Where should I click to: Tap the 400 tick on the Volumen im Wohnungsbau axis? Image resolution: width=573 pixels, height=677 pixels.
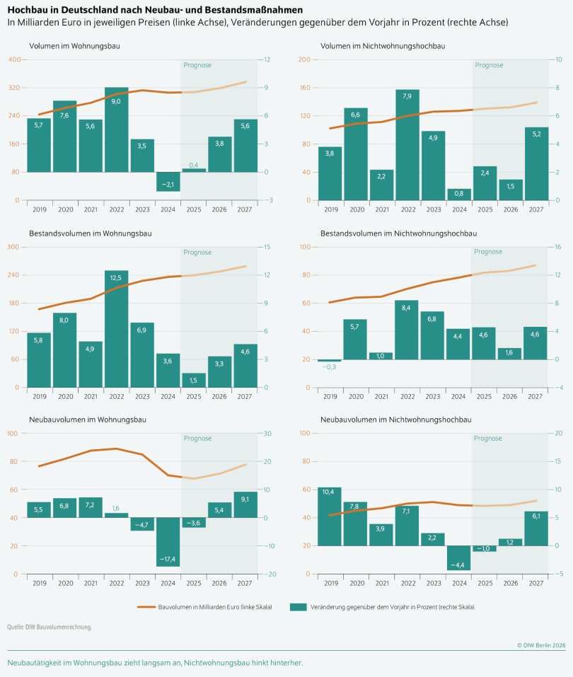click(15, 59)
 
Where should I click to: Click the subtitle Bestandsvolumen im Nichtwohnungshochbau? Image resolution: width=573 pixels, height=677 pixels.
click(398, 233)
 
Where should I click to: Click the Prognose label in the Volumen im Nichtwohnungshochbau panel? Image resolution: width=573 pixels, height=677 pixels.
click(489, 65)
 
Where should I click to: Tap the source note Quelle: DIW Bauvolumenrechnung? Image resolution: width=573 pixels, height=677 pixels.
click(50, 627)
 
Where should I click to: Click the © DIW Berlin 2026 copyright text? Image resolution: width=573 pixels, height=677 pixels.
click(541, 645)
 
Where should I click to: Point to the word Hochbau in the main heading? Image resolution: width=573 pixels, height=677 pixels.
click(27, 11)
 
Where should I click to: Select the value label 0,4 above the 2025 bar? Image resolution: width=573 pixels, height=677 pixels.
click(193, 165)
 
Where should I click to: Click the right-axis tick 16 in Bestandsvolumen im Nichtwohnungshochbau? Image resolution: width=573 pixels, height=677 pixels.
click(557, 247)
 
